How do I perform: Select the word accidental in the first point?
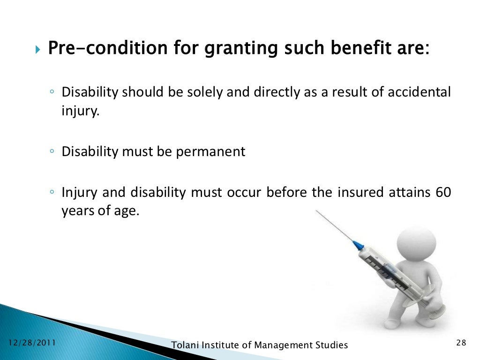[x=419, y=92]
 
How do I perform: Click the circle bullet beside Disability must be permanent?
[x=52, y=152]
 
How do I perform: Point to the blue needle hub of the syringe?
[x=358, y=245]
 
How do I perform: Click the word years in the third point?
[x=74, y=211]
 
